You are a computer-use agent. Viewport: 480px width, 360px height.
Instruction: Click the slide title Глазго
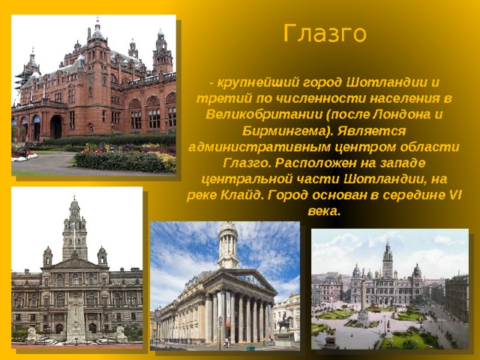point(325,34)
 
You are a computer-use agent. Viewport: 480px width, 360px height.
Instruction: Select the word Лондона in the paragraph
point(400,115)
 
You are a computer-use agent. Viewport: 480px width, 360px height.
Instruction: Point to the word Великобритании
point(264,115)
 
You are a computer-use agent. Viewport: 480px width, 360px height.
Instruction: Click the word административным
point(259,147)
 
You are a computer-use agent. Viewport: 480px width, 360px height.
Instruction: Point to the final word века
point(324,211)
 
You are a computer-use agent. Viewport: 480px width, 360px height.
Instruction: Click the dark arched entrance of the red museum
point(56,127)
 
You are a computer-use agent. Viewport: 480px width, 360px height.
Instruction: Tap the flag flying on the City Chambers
point(73,225)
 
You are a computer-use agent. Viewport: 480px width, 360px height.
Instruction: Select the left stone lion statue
point(31,335)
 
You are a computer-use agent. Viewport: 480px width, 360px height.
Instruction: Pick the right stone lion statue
point(120,334)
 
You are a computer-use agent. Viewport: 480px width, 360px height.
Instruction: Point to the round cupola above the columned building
point(228,244)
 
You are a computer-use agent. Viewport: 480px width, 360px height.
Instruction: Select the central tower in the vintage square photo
point(388,260)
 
